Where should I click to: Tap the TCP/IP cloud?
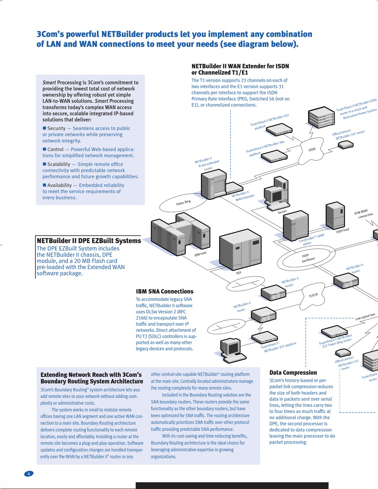click(x=313, y=295)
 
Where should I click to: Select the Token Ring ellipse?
click(x=183, y=203)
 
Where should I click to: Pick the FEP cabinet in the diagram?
click(x=240, y=250)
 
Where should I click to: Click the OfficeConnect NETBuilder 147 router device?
click(x=346, y=145)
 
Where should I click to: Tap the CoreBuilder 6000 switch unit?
click(x=295, y=225)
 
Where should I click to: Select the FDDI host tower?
click(x=335, y=215)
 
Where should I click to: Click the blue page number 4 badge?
click(x=29, y=474)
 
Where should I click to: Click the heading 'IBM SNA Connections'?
click(x=164, y=291)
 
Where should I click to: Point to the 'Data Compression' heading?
click(x=293, y=373)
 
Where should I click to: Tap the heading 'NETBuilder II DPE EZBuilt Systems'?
click(x=89, y=241)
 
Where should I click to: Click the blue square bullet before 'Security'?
click(x=44, y=128)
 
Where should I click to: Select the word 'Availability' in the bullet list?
click(x=59, y=185)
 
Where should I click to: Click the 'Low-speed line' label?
click(x=365, y=316)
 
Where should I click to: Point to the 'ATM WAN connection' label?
click(x=363, y=214)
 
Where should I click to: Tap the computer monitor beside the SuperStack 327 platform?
click(x=230, y=348)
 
